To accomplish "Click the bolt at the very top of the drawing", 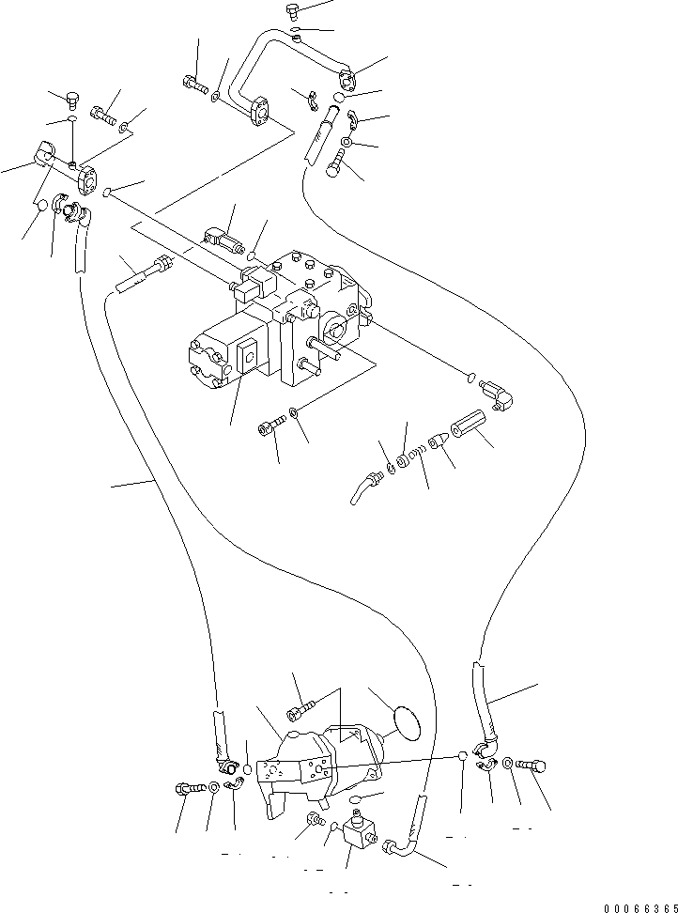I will [x=293, y=11].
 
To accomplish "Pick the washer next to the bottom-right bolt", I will [x=507, y=764].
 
